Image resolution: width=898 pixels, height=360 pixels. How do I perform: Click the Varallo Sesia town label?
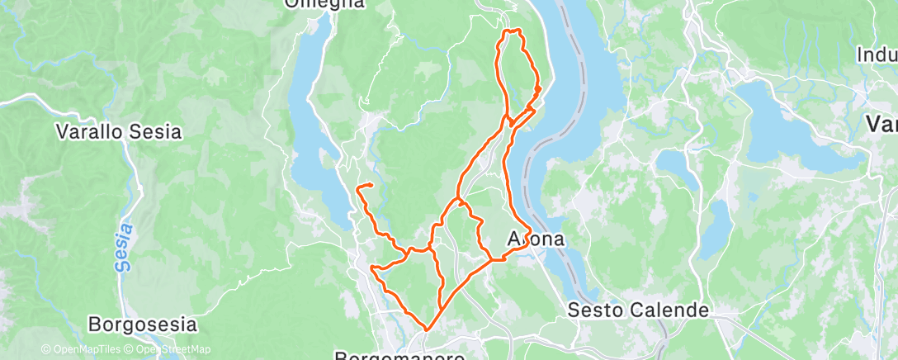118,131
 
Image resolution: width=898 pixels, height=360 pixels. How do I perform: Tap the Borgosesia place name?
143,324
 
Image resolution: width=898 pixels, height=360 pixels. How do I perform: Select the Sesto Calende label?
639,310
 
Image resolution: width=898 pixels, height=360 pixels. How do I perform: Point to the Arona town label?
536,239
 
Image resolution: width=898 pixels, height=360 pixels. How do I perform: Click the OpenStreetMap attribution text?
173,349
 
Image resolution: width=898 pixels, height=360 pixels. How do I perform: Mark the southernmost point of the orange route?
427,329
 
